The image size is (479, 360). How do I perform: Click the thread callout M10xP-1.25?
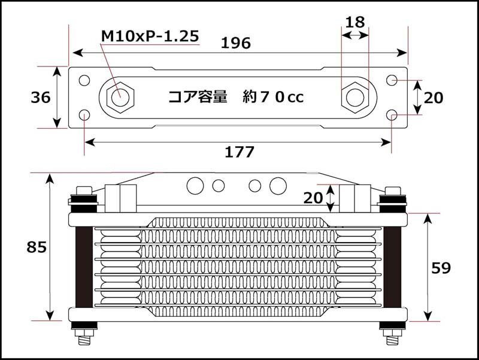[x=150, y=36]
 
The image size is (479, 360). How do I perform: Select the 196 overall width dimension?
[x=235, y=43]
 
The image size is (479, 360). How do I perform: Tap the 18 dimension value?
[x=355, y=22]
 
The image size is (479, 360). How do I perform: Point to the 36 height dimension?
[x=41, y=98]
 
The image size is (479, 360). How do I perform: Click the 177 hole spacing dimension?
[x=239, y=152]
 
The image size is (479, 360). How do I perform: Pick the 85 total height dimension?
[x=37, y=247]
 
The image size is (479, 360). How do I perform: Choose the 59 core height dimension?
[x=441, y=268]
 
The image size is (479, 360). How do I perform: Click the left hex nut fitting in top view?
[x=120, y=98]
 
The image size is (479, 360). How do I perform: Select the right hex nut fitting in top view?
[x=355, y=98]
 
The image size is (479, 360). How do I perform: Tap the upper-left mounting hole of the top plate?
[x=84, y=80]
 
